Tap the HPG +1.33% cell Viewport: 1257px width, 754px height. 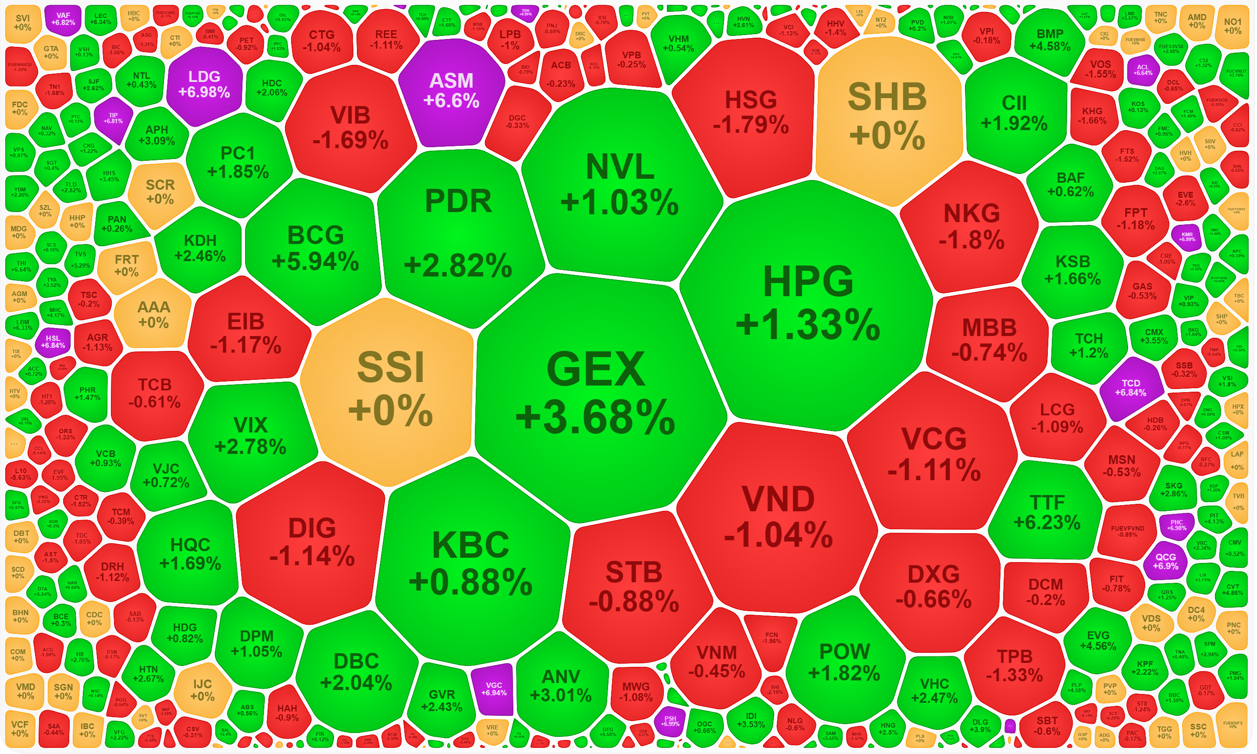point(808,305)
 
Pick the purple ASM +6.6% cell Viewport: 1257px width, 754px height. point(451,92)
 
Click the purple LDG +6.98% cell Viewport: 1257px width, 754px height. point(204,85)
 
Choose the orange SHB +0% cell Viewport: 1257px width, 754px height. point(887,117)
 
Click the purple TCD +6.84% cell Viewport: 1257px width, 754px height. point(1130,388)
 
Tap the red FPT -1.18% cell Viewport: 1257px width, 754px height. point(1135,219)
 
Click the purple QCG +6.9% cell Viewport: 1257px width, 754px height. point(1165,561)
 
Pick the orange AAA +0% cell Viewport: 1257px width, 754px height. point(153,315)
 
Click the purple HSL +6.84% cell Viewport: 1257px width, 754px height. point(53,342)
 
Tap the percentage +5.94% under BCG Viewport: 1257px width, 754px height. point(316,262)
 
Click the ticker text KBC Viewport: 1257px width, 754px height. point(471,545)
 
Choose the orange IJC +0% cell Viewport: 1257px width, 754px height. point(202,690)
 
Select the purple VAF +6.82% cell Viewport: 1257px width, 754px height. point(63,19)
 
